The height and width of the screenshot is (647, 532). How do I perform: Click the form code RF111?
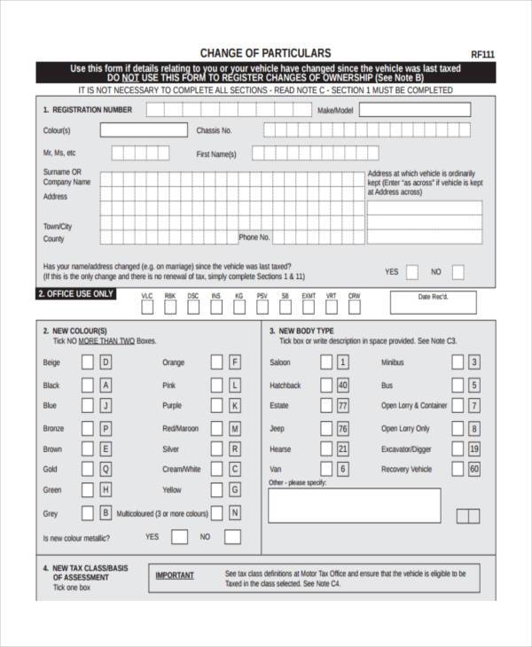(x=482, y=54)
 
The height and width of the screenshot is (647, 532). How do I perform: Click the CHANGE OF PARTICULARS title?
(x=265, y=53)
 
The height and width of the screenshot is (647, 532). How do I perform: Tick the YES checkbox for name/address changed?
(x=412, y=272)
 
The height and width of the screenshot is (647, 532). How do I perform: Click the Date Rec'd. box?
(x=434, y=303)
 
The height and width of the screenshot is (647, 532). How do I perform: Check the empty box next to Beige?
(x=88, y=362)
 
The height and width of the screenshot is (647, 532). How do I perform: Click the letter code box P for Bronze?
(x=106, y=428)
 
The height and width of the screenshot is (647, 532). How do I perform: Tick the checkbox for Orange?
(x=216, y=362)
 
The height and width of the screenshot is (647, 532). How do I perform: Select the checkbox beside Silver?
(x=216, y=449)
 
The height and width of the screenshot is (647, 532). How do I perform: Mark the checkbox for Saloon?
(x=325, y=362)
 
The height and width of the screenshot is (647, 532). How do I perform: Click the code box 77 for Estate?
(x=342, y=406)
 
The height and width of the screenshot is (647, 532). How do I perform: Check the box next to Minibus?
(x=457, y=362)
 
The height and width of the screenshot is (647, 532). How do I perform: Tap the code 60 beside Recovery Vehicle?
(x=474, y=469)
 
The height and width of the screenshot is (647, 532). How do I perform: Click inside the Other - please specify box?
(x=354, y=506)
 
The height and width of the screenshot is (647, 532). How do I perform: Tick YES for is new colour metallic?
(x=180, y=536)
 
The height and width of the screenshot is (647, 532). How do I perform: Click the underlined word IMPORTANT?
(x=175, y=575)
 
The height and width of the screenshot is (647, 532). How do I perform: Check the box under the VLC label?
(x=147, y=308)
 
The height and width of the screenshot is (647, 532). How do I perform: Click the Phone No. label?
(x=254, y=238)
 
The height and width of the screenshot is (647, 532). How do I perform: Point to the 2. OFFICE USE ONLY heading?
(x=75, y=293)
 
